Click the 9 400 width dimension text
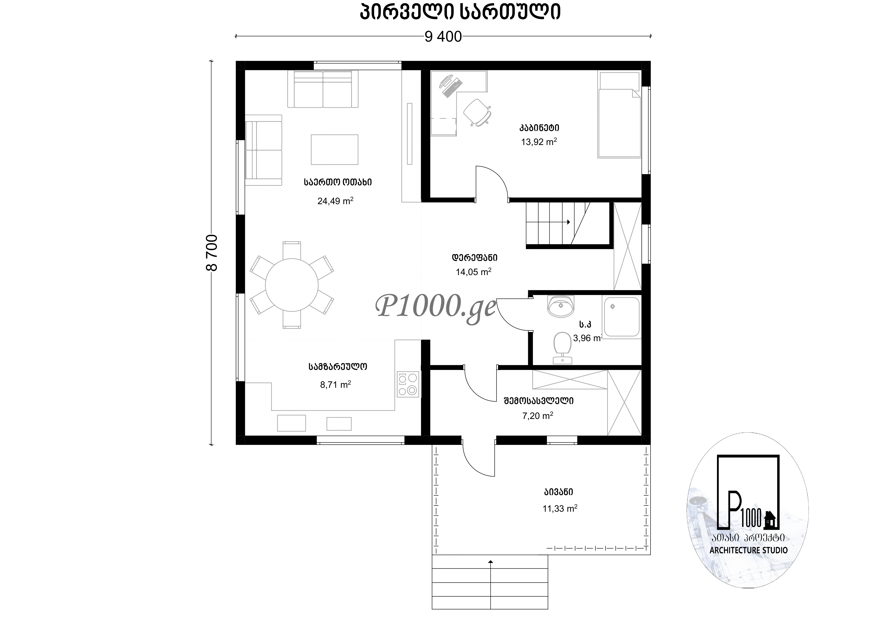(443, 37)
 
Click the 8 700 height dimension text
(212, 253)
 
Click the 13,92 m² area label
(539, 142)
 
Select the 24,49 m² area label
(335, 201)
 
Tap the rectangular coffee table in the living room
(334, 149)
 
